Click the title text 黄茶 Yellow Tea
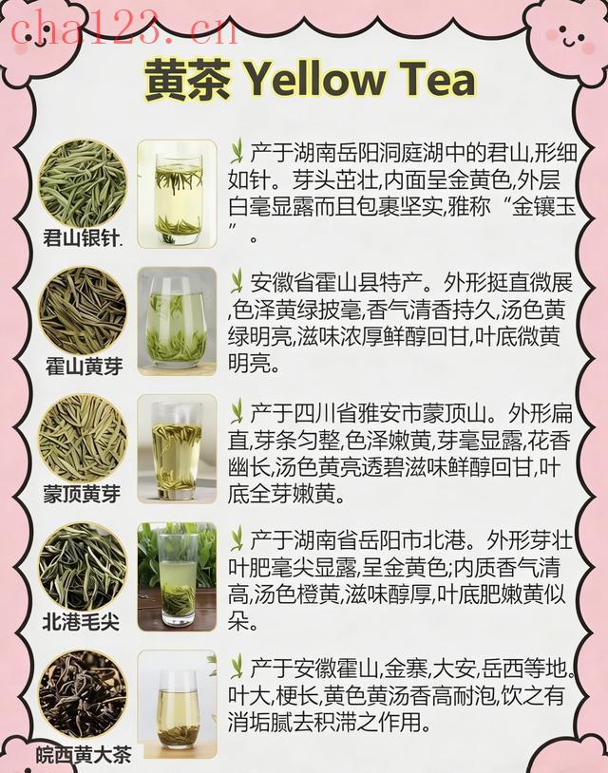310,79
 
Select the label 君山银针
83,238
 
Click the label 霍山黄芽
84,367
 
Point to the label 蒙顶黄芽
82,494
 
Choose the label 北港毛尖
81,622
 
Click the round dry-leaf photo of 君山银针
83,184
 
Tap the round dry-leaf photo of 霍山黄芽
83,311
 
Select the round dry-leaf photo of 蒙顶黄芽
83,439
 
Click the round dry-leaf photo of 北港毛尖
83,567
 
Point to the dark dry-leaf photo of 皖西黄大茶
83,694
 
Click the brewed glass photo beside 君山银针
177,194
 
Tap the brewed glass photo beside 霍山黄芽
177,321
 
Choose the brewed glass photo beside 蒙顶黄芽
177,448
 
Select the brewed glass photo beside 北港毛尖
177,576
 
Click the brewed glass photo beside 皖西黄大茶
177,705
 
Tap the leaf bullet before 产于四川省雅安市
237,412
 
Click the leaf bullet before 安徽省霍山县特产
237,281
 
